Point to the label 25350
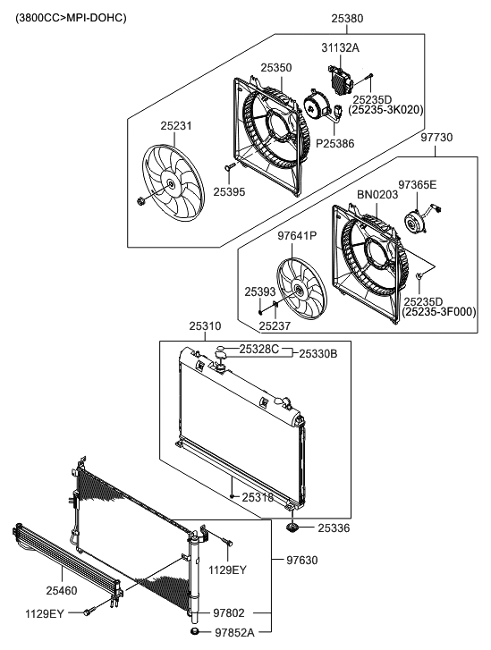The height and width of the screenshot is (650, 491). tap(276, 67)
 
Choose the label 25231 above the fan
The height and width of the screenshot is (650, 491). tap(175, 126)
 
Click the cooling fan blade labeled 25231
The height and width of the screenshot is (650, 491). tap(170, 182)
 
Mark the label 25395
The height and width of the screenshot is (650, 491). tap(230, 191)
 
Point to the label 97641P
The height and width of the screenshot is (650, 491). tap(298, 236)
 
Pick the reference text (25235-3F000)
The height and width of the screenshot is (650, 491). tap(438, 312)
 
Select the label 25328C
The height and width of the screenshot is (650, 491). tap(259, 348)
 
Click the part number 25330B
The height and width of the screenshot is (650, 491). tap(317, 353)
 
